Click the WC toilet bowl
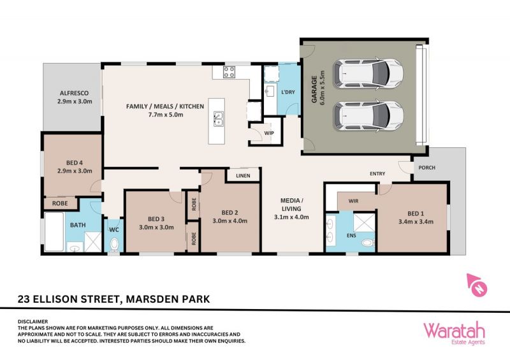click(114, 245)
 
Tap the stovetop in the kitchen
click(229, 72)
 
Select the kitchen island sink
click(218, 119)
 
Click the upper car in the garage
click(368, 73)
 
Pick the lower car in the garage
click(368, 116)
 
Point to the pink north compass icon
click(476, 285)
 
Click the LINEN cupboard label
click(243, 176)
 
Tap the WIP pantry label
click(269, 133)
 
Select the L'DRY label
click(288, 92)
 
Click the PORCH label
click(426, 168)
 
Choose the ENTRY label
click(377, 174)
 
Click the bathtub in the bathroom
click(54, 232)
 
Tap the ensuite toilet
click(368, 242)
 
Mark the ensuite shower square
click(364, 223)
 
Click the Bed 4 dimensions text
click(75, 171)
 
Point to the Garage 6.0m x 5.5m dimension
click(323, 87)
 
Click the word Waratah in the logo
click(454, 331)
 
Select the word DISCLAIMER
click(33, 322)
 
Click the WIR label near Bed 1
click(353, 201)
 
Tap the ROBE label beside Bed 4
click(60, 203)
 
